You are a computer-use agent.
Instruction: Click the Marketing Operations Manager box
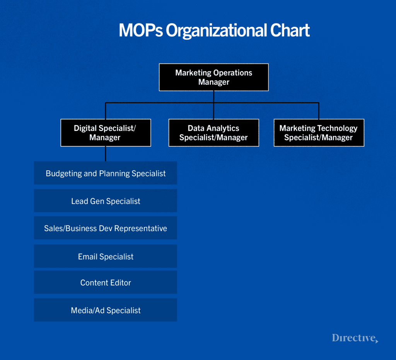[213, 77]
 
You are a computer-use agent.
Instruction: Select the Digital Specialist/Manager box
[105, 133]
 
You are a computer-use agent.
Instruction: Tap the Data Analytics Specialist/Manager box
[213, 133]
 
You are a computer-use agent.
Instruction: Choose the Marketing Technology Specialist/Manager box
[319, 133]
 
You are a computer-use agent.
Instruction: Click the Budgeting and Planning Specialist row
[105, 173]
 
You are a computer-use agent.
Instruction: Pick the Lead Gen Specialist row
[105, 201]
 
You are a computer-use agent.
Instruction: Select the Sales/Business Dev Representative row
[105, 228]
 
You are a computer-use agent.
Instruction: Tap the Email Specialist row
[105, 256]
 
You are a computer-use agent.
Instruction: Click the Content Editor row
[105, 283]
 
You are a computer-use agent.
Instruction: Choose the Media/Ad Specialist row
[105, 310]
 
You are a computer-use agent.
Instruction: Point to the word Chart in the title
[290, 31]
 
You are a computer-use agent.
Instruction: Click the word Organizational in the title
[216, 31]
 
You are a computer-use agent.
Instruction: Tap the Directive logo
[355, 338]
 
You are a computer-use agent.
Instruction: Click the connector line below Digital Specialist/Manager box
[106, 154]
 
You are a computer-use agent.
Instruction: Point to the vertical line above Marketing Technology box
[319, 111]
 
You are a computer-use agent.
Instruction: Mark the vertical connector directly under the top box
[213, 97]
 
